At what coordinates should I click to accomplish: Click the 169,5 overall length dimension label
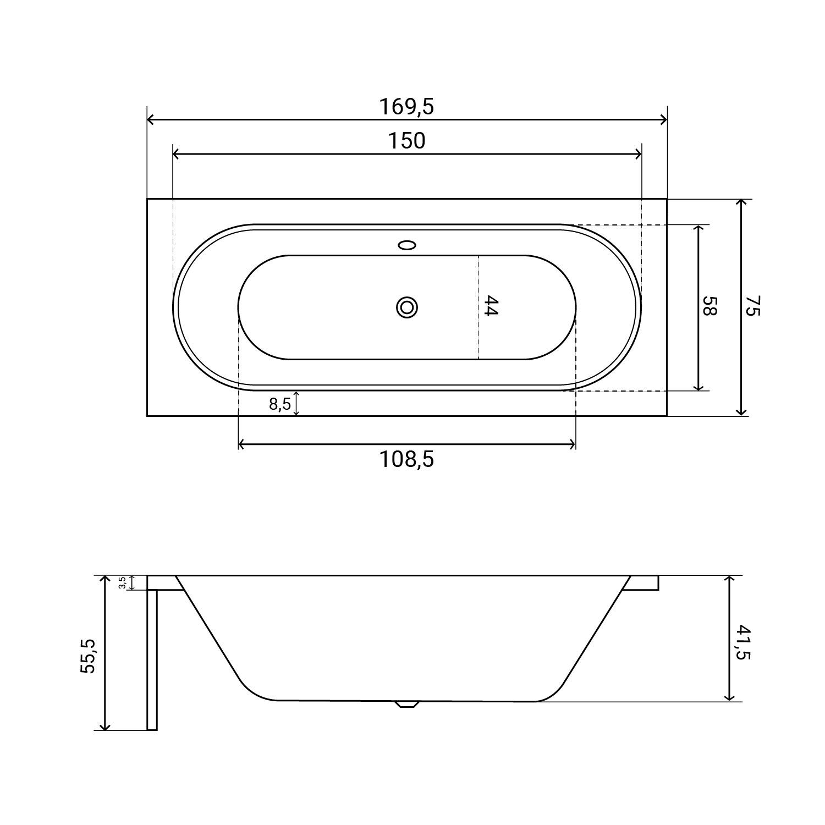[x=406, y=107]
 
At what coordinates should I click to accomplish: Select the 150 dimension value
[x=407, y=141]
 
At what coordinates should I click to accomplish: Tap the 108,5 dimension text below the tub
[x=406, y=459]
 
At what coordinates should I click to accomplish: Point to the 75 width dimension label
[x=752, y=306]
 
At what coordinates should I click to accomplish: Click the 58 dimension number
[x=710, y=306]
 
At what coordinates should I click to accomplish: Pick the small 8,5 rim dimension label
[x=279, y=404]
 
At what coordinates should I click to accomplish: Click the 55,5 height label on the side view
[x=88, y=656]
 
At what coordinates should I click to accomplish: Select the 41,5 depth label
[x=743, y=641]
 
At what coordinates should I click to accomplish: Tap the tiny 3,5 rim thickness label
[x=122, y=583]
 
